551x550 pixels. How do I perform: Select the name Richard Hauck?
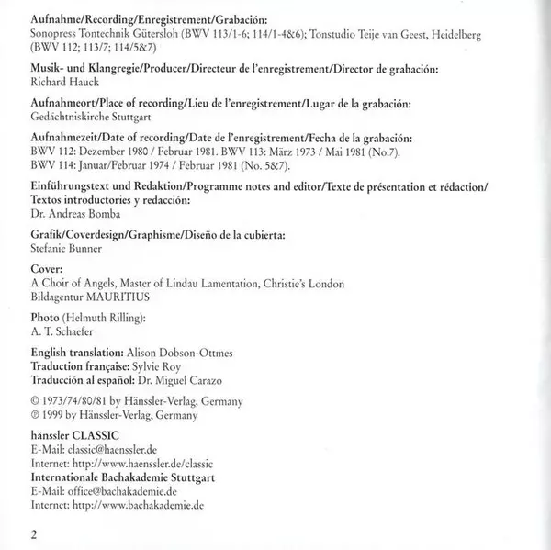click(x=61, y=80)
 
